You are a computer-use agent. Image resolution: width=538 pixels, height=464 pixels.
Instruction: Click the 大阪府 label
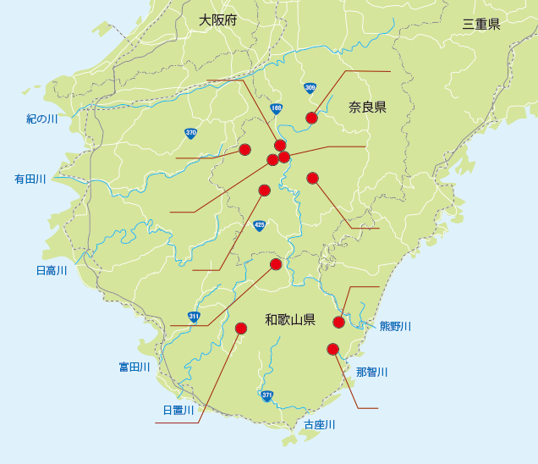coord(218,20)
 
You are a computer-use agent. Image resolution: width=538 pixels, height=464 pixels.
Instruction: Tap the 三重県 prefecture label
coord(481,25)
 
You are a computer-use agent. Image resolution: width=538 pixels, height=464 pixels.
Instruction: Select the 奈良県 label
coord(367,108)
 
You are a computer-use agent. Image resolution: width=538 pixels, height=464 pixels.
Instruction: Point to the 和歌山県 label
coord(290,320)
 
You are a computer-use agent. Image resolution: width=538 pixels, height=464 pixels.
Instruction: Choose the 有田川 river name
coord(30,180)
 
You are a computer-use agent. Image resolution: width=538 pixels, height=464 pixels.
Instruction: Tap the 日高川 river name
coord(52,271)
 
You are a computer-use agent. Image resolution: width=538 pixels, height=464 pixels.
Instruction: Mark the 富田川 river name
coord(134,367)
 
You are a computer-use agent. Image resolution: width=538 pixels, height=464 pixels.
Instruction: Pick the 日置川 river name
coord(178,411)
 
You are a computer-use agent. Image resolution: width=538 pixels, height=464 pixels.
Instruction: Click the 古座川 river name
coord(320,424)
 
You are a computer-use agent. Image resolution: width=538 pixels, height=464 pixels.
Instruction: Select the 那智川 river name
coord(371,372)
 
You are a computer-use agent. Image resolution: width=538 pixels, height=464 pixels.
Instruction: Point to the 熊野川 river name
coord(395,326)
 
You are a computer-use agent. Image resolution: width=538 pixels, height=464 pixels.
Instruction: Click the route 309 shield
coord(310,88)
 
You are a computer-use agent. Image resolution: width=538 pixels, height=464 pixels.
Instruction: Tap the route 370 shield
coord(191,133)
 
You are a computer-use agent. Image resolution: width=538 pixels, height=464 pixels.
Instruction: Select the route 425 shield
coord(259,225)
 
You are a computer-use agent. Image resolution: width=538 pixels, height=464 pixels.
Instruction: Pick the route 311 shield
coord(195,317)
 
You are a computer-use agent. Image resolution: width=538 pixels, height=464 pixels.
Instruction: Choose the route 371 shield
coord(267,395)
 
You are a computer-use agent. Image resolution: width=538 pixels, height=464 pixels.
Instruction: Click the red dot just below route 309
coord(311,118)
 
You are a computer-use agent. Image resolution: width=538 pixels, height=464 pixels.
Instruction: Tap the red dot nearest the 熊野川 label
coord(339,322)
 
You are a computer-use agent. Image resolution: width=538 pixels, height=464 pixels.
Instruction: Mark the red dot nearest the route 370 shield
coord(244,150)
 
